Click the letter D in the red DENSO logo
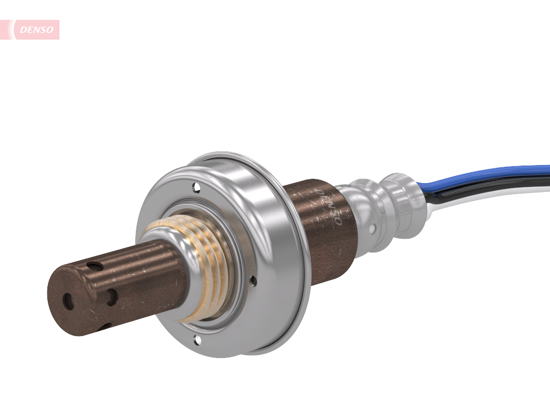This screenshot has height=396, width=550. click(23, 30)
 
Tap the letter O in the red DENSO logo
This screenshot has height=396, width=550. click(51, 30)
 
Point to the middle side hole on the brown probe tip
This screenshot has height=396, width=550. click(112, 298)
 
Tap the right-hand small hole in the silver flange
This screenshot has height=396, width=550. click(253, 281)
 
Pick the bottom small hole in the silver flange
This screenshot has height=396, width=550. click(195, 339)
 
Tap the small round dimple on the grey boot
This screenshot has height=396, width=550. click(373, 228)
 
